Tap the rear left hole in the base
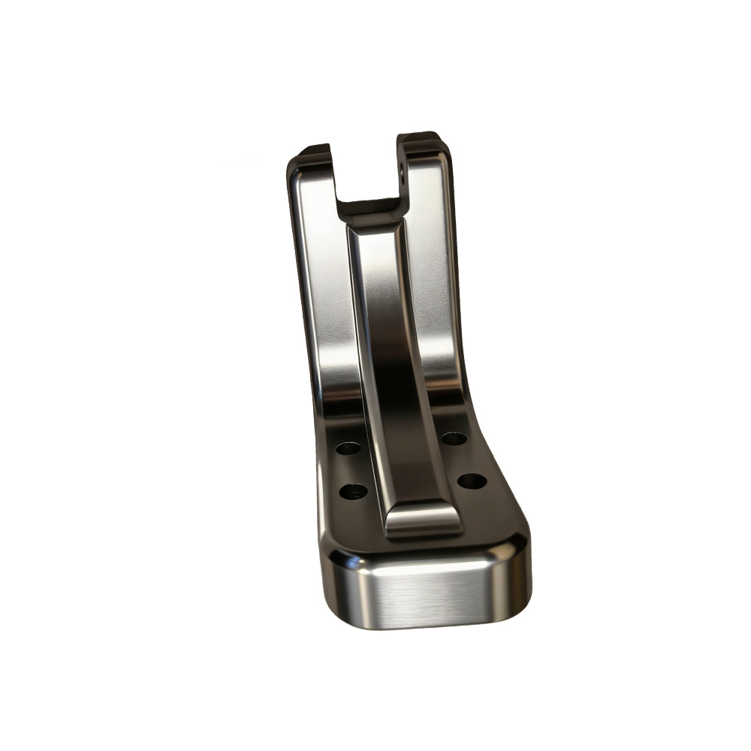348,448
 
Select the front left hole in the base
353,492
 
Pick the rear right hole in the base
454,438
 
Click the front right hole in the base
472,481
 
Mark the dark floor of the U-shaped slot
368,204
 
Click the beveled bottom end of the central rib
423,518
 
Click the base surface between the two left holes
350,470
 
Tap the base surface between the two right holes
463,459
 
